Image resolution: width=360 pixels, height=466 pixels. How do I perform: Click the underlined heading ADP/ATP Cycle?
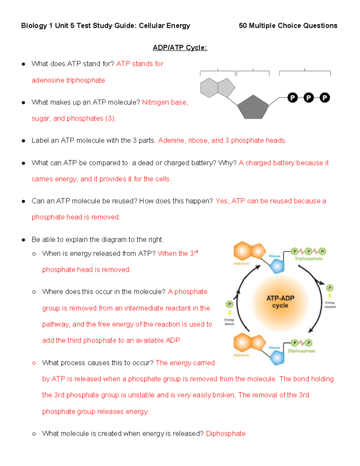click(180, 48)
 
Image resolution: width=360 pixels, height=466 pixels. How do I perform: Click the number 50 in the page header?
click(243, 26)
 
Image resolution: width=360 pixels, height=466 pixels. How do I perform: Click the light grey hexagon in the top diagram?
click(209, 88)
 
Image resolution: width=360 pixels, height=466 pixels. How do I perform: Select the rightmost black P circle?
click(325, 98)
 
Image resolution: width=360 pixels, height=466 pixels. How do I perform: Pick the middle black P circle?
click(308, 98)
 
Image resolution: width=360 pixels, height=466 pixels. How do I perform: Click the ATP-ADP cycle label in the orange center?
click(280, 302)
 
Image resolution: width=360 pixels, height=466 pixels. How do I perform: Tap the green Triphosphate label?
click(308, 259)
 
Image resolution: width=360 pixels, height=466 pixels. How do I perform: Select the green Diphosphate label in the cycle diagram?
click(301, 351)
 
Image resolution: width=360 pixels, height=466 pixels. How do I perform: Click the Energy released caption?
click(330, 305)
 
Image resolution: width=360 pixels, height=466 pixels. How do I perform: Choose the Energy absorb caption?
click(229, 322)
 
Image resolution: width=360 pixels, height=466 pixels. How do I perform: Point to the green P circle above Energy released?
click(330, 288)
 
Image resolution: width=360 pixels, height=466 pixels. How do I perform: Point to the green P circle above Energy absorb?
click(229, 304)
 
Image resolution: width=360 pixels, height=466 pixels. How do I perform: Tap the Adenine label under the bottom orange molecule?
click(241, 355)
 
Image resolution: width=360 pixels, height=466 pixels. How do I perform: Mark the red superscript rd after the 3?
click(196, 252)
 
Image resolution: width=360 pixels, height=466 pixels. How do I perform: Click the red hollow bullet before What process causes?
click(34, 363)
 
